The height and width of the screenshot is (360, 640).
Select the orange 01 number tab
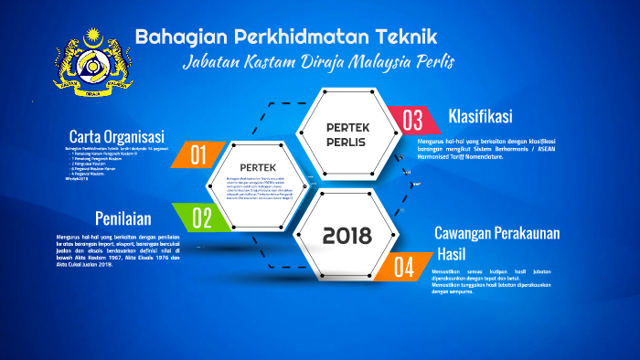point(199,154)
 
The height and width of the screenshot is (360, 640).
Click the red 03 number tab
point(411,120)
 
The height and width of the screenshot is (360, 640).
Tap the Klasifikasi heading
point(479,117)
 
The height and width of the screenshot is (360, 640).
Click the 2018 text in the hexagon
point(347,237)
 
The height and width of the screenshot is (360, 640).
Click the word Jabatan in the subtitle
point(212,63)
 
